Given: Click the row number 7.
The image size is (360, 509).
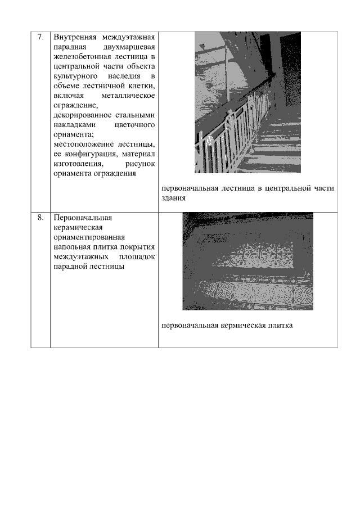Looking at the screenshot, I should pos(40,37).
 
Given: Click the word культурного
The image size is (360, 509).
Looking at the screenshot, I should pos(76,75).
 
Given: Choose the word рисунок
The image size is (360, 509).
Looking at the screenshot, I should pos(140,163).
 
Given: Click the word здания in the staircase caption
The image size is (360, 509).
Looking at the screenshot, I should pos(174,198).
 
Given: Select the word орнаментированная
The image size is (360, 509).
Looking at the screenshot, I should pos(89,237).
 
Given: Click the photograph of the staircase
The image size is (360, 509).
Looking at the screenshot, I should pos(247,102).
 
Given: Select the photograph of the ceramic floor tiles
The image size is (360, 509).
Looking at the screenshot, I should pos(247,261).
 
